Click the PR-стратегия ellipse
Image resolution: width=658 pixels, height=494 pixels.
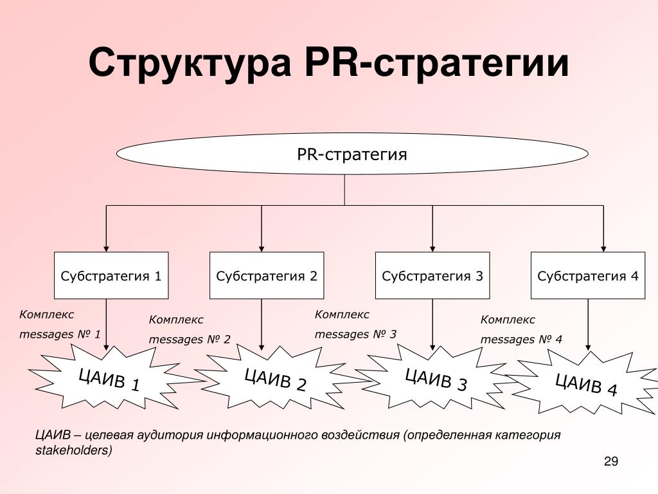(352, 154)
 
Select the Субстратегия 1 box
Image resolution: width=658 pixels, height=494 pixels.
(111, 275)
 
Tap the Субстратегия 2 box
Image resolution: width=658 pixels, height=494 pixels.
(267, 275)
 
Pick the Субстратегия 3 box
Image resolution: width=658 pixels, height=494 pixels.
(432, 275)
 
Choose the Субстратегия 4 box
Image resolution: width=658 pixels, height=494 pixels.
(588, 275)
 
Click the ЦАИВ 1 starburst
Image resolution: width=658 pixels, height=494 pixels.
(110, 378)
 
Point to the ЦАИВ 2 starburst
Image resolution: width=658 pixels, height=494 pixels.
(276, 378)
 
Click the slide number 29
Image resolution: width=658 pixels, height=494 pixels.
(611, 461)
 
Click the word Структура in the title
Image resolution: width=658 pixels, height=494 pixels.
(190, 64)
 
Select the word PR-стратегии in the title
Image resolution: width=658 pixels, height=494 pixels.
(437, 62)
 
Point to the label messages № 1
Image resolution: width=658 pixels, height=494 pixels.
(60, 334)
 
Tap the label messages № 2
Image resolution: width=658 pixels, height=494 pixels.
(190, 340)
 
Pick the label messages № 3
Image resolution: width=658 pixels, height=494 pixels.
(355, 334)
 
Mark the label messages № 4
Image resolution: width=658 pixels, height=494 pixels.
(521, 340)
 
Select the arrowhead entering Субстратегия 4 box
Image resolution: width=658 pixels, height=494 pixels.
(603, 249)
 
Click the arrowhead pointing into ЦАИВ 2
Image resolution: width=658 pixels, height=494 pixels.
(262, 347)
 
